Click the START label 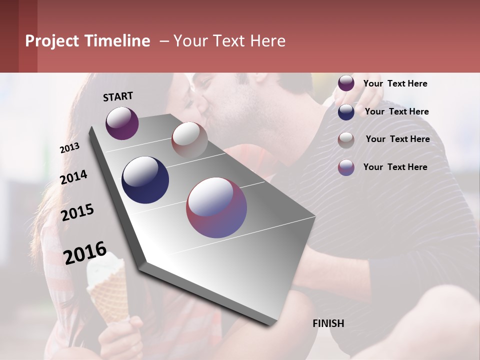click(118, 96)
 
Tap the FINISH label click(328, 323)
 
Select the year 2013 click(69, 148)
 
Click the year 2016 click(85, 253)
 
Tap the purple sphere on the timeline click(122, 123)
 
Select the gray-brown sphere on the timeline click(189, 139)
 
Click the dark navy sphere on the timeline click(145, 179)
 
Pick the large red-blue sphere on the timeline click(216, 207)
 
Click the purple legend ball click(346, 83)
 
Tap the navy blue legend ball click(346, 112)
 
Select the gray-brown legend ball click(346, 140)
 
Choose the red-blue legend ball click(346, 167)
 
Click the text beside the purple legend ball click(395, 83)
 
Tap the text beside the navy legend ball click(396, 111)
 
